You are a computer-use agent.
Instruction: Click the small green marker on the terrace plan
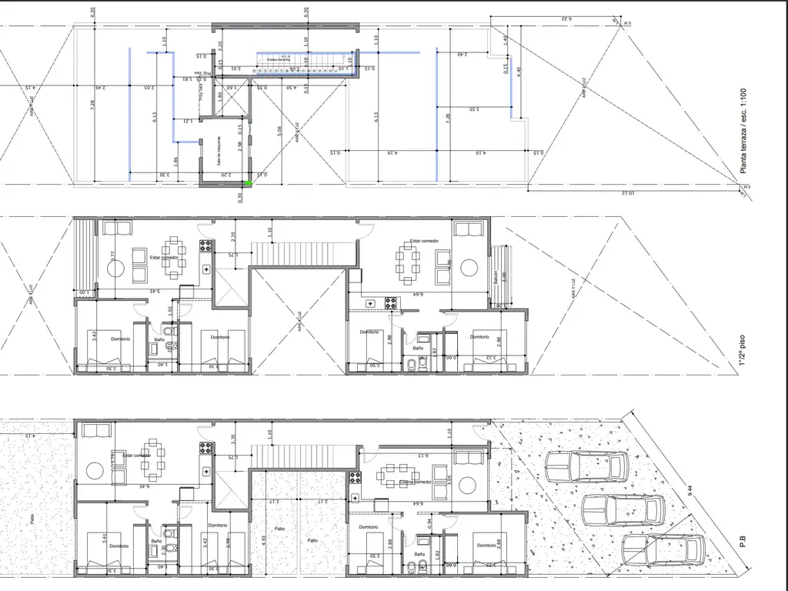(x=248, y=183)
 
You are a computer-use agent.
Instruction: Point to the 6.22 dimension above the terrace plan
(x=566, y=18)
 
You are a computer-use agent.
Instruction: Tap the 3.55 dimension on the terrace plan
(x=471, y=109)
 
